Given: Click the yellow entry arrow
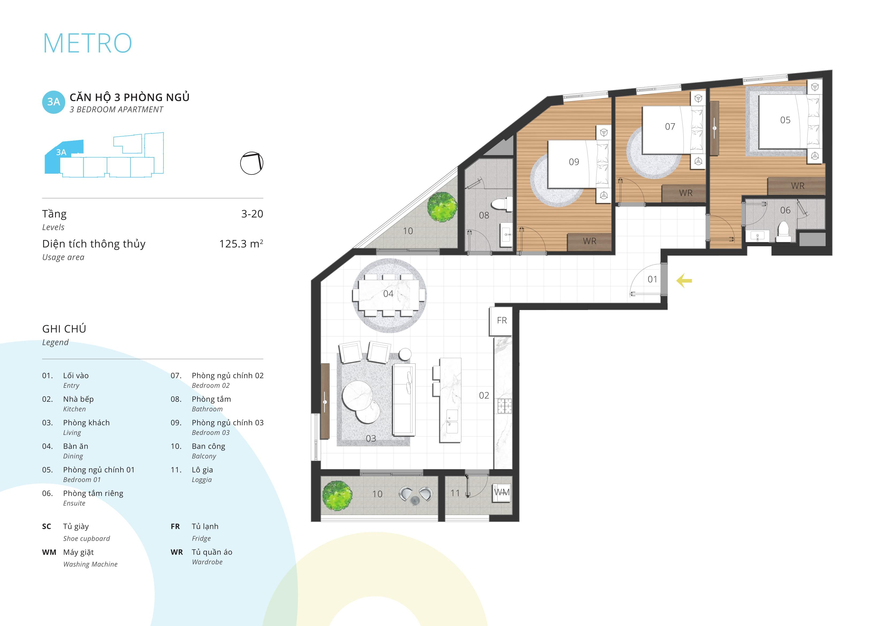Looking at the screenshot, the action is coord(684,281).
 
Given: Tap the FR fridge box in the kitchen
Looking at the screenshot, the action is coord(501,321).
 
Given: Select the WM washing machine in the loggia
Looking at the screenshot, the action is coord(502,492).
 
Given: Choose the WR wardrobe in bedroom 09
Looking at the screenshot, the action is coord(590,241).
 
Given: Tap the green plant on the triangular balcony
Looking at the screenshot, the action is coord(442,206).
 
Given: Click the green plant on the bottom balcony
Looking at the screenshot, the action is coord(337,496).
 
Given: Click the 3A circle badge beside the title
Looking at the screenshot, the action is coord(54,102).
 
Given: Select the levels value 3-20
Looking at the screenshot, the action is coord(252,214).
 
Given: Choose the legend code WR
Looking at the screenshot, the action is coord(177,552).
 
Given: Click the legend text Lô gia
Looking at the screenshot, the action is coord(202,470).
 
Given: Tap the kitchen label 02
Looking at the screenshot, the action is coord(484,395).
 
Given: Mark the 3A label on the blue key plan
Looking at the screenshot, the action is coord(61,152).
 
